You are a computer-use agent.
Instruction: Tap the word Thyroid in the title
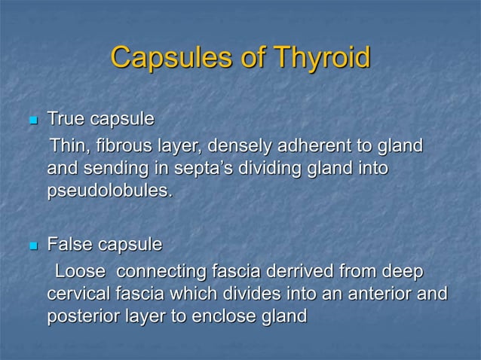click(322, 58)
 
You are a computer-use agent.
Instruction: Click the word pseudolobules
click(109, 191)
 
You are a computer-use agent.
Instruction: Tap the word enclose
click(223, 316)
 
